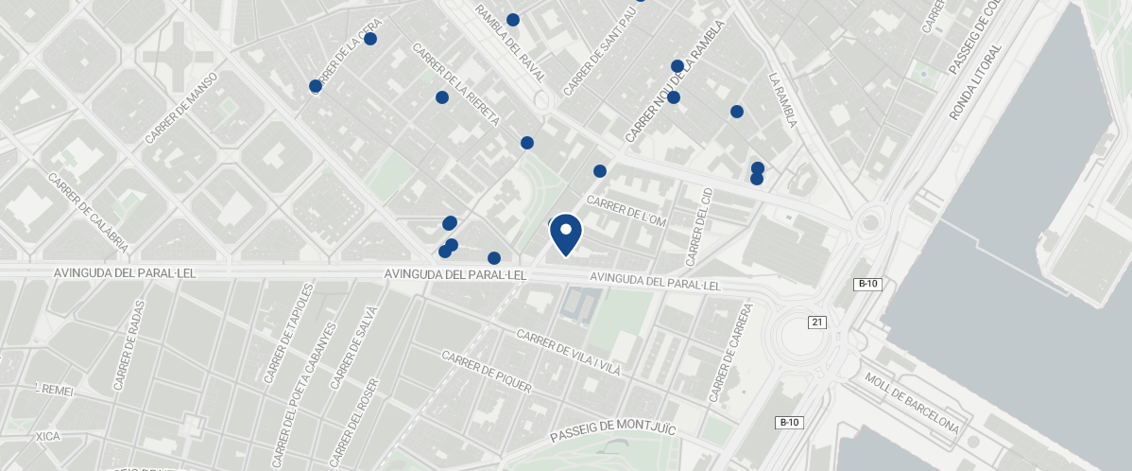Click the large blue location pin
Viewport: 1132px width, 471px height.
coord(565,234)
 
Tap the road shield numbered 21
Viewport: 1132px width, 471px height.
coord(817,323)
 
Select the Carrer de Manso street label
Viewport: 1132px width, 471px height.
coord(182,109)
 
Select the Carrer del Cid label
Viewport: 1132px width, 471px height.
coord(700,226)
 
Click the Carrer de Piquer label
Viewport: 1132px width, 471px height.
coord(487,372)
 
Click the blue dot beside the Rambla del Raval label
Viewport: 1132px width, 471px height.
coord(513,20)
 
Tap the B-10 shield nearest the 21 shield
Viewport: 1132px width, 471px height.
coord(867,284)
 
